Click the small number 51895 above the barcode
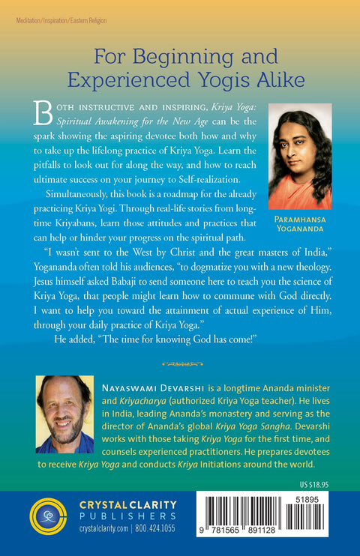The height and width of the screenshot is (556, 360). coord(316,496)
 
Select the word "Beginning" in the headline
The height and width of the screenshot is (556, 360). coord(166,56)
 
